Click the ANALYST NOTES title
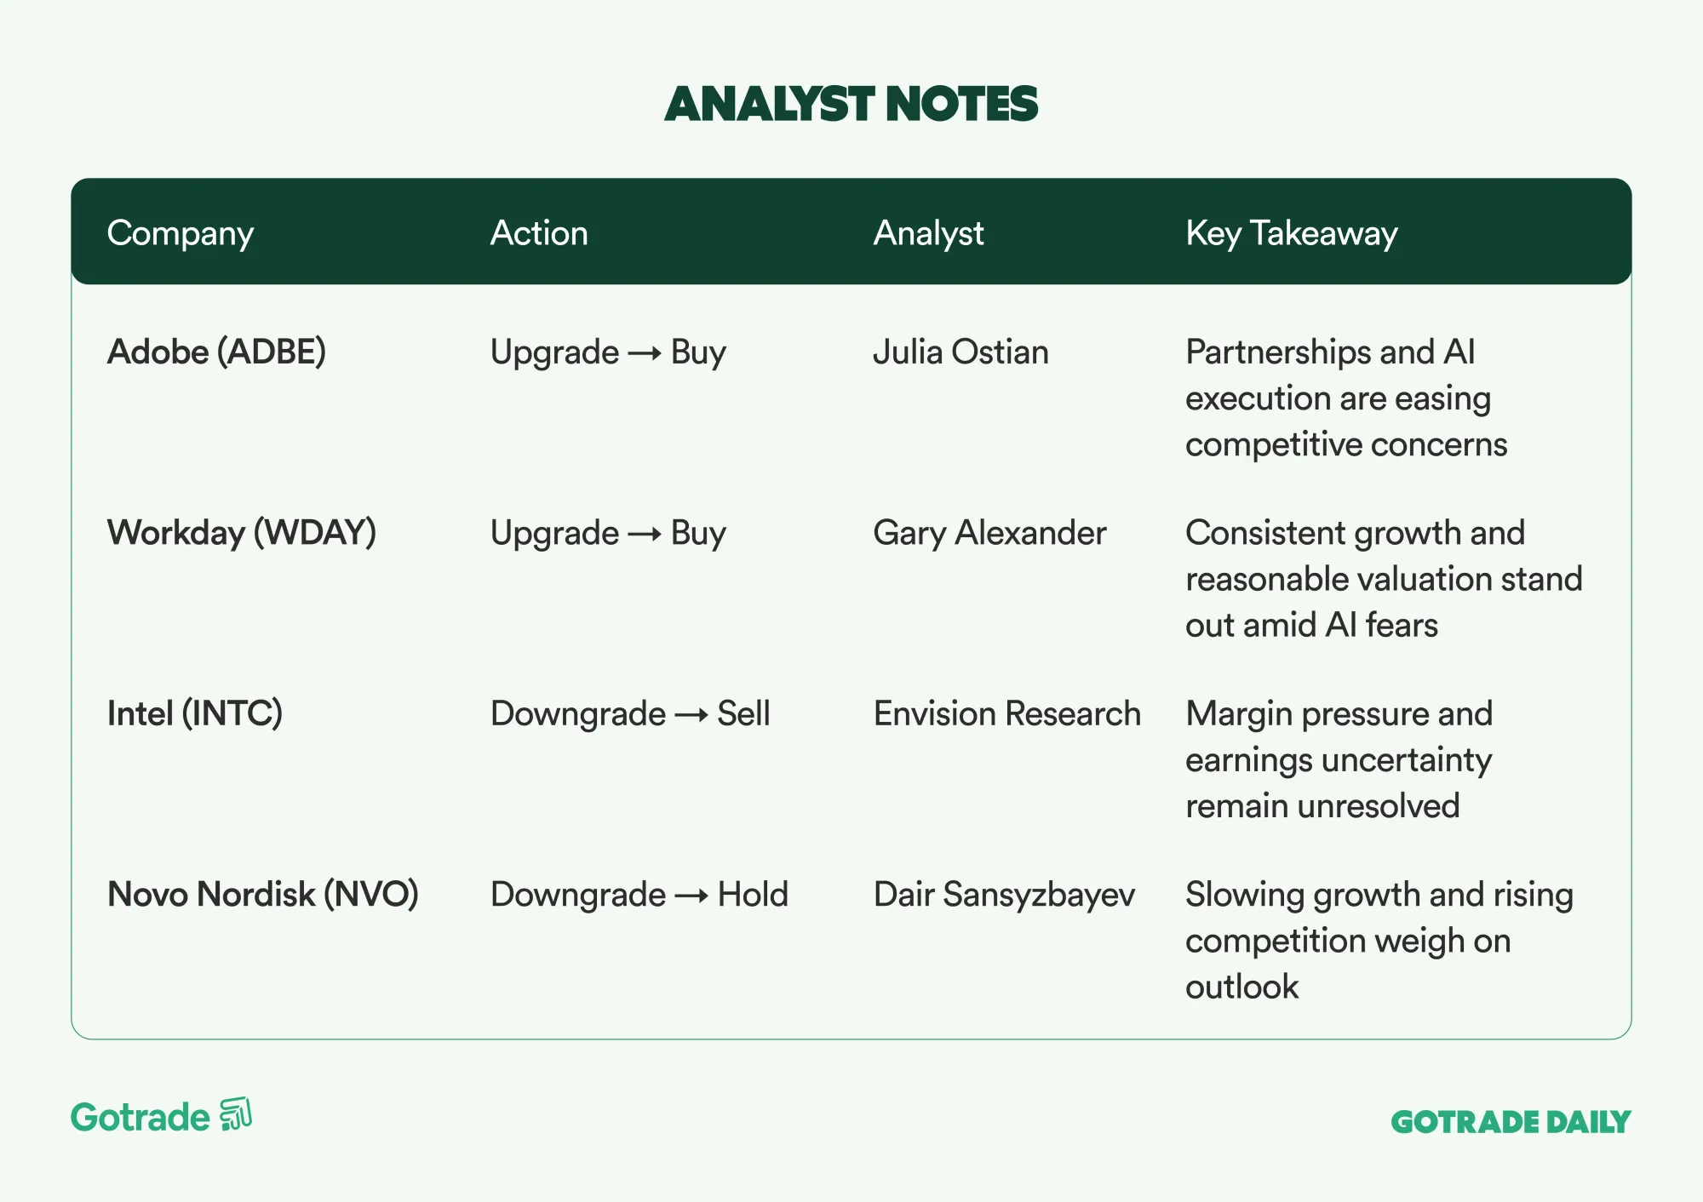click(851, 104)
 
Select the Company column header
click(181, 233)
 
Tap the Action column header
click(539, 232)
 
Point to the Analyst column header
click(928, 233)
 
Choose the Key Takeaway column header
click(1292, 233)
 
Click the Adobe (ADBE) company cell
click(216, 352)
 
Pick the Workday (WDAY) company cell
click(242, 533)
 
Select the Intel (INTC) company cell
click(195, 713)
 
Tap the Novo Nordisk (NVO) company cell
click(263, 895)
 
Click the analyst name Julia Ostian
click(961, 352)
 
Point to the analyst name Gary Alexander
click(990, 533)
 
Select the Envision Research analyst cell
click(1007, 713)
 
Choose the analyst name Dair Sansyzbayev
click(1005, 895)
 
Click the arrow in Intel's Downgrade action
click(691, 715)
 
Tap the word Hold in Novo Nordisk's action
click(754, 895)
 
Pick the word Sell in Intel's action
click(743, 713)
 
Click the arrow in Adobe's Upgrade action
click(645, 353)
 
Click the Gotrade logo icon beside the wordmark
click(236, 1114)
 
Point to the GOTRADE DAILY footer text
click(1511, 1122)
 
